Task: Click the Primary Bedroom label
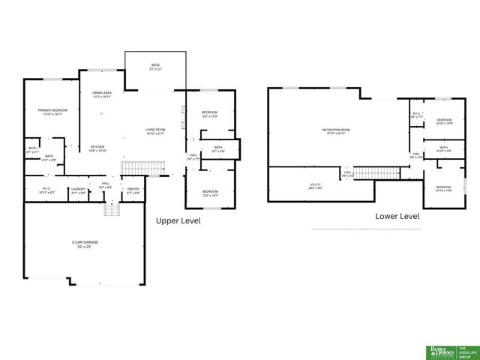tap(50, 110)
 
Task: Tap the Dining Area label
tap(102, 93)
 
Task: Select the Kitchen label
tap(97, 146)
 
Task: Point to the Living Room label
tap(155, 130)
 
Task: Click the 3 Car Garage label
tap(85, 242)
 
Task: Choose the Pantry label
tap(133, 189)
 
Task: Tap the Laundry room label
tap(78, 189)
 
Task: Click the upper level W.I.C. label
tap(46, 189)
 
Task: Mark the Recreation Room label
tap(337, 130)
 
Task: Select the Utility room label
tap(316, 184)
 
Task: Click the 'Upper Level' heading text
tap(178, 221)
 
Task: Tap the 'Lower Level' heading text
tap(397, 215)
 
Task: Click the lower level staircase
tap(369, 173)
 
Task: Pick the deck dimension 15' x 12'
tap(155, 69)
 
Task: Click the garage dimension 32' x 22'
tap(85, 247)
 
